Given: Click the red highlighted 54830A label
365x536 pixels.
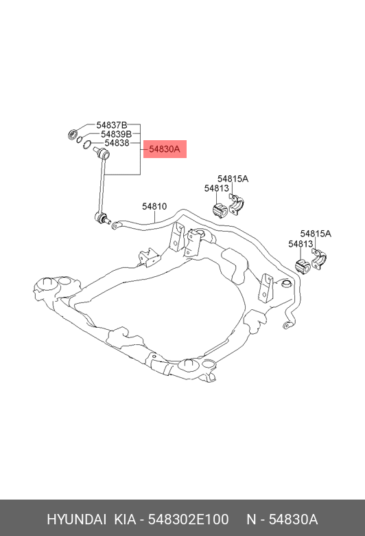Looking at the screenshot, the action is click(x=165, y=149).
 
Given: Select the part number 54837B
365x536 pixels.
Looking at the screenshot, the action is click(x=111, y=125).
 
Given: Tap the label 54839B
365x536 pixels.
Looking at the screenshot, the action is click(x=117, y=134).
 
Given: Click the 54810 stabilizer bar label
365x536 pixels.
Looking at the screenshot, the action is click(x=154, y=206).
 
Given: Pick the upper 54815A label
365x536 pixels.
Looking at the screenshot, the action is click(x=233, y=179).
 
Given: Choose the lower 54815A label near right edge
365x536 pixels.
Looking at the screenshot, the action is click(x=316, y=234).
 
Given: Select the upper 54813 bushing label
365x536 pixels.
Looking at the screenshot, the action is click(x=217, y=188).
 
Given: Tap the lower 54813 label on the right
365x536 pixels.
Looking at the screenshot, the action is click(x=301, y=244).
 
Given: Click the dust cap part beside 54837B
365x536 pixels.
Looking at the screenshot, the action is click(x=73, y=134).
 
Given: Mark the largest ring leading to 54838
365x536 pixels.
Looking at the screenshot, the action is click(x=87, y=145).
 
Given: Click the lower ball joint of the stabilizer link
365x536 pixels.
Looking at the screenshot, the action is click(x=102, y=218).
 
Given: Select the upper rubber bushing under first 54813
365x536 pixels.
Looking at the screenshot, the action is click(x=220, y=210).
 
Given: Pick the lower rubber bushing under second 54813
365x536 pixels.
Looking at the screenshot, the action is click(x=302, y=267).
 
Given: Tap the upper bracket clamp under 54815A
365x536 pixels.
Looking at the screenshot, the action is click(x=237, y=204).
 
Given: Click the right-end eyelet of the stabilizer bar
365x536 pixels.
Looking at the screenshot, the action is click(x=288, y=325).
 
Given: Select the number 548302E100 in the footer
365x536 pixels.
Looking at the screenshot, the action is click(x=188, y=520).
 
